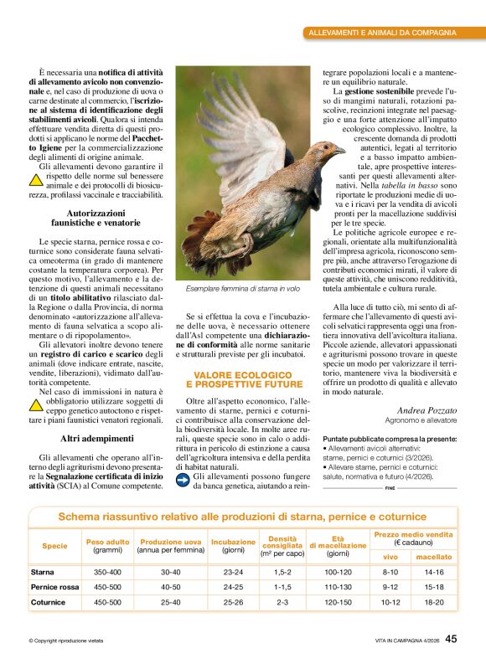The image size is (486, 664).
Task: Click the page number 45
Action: click(x=451, y=639)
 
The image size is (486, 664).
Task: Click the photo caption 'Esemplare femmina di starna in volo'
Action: click(x=242, y=287)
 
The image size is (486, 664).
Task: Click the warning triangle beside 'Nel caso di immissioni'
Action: click(x=36, y=405)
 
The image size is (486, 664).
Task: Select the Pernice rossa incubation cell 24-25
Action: click(x=233, y=587)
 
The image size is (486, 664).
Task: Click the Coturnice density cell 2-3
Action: click(x=282, y=602)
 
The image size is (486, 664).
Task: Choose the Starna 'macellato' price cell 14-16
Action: click(x=434, y=572)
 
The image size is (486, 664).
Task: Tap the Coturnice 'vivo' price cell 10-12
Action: click(x=390, y=602)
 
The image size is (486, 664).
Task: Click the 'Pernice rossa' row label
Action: click(x=55, y=587)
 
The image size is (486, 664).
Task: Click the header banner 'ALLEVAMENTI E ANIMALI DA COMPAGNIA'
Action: click(x=392, y=33)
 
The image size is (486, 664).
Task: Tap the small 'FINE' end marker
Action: click(x=390, y=486)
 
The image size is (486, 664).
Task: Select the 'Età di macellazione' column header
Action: click(x=338, y=547)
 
